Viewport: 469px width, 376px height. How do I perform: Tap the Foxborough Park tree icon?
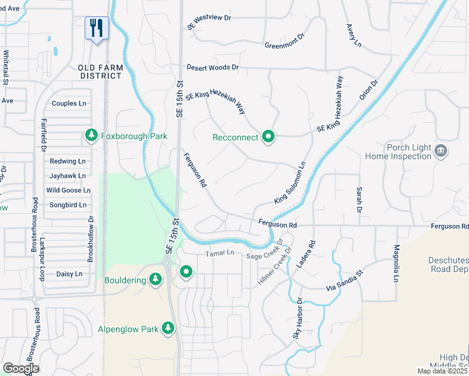[92, 135]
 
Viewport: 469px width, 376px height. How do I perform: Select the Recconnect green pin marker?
[269, 136]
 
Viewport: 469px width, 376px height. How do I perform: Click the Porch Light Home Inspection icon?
[441, 150]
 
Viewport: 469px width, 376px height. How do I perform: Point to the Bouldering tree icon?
[155, 280]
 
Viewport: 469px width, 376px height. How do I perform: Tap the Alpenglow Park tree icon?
[167, 328]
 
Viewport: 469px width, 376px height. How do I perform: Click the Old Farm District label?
[100, 71]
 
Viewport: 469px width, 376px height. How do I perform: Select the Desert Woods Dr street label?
[213, 67]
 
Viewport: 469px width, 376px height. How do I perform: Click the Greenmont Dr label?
[284, 45]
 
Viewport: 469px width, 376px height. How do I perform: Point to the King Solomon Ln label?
[290, 184]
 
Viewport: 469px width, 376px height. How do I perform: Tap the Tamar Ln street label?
[219, 253]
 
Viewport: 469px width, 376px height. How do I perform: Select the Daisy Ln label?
[69, 274]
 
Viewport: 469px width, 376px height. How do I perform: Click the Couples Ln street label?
[69, 103]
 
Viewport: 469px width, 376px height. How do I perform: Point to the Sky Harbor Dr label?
[297, 318]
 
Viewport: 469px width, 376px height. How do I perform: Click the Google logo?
[21, 368]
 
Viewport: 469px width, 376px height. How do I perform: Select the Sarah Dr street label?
[359, 199]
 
